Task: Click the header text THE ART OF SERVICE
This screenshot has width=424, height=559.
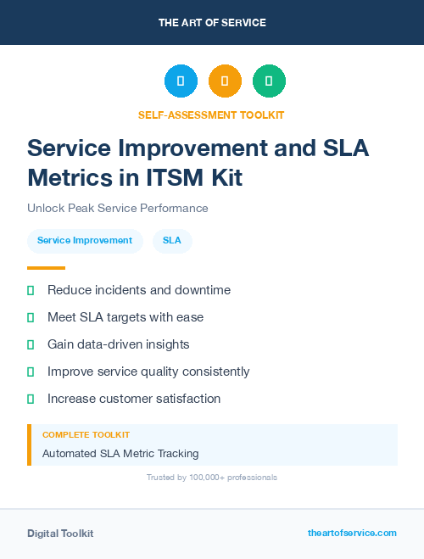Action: tap(212, 23)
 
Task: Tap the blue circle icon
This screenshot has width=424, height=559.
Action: tap(181, 81)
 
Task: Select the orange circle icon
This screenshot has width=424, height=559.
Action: tap(225, 81)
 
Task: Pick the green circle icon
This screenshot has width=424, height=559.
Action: tap(269, 81)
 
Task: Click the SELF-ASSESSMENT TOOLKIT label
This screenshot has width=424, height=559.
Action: tap(212, 115)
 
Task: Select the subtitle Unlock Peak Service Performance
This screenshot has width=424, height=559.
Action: tap(118, 208)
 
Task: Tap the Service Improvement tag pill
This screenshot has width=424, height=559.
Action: tap(85, 241)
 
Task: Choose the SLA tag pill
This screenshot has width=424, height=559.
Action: tap(172, 241)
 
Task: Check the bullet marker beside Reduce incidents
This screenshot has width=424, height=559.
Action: tap(31, 291)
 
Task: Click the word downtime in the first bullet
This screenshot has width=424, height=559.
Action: tap(202, 290)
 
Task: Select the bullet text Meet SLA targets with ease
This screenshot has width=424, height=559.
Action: tap(126, 317)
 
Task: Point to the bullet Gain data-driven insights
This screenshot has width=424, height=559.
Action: tap(119, 344)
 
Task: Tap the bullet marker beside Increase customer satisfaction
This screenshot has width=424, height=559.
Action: tap(31, 399)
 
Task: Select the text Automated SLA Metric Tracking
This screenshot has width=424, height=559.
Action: tap(120, 454)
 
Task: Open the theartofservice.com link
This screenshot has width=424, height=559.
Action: tap(352, 533)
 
